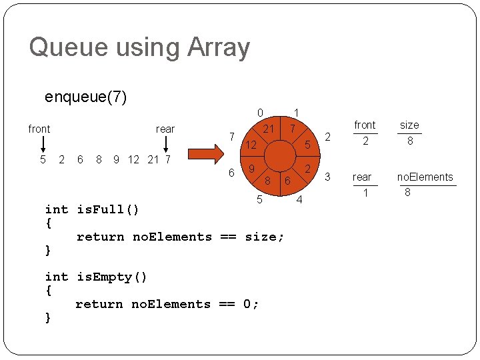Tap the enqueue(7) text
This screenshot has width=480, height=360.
point(85,97)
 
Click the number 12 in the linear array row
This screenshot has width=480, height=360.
point(133,159)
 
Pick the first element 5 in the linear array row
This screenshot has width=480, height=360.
point(43,159)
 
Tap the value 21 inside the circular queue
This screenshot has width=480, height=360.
point(269,128)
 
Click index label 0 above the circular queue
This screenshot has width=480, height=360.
point(260,112)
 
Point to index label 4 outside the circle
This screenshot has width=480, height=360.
point(299,199)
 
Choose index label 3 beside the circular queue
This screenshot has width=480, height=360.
point(327,177)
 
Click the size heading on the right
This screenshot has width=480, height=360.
point(409,125)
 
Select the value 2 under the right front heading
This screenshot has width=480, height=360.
point(365,141)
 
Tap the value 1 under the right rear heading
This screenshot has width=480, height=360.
point(365,193)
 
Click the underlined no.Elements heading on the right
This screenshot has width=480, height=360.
point(425,177)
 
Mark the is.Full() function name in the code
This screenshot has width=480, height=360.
point(108,210)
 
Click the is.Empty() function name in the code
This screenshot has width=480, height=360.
point(111,277)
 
